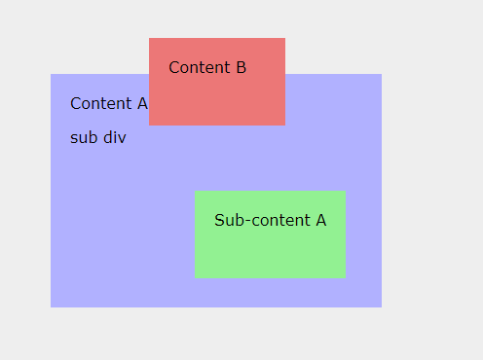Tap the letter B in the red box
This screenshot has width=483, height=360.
point(241,67)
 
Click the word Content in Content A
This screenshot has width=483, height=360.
point(100,103)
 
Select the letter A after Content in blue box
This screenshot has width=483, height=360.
point(142,103)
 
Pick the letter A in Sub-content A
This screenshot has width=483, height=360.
point(320,220)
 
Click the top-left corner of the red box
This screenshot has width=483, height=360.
point(149,38)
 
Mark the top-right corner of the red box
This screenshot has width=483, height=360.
point(284,38)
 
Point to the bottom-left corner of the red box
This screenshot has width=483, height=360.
point(149,125)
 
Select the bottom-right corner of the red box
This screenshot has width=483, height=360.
point(284,125)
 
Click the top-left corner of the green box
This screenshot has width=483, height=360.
point(195,191)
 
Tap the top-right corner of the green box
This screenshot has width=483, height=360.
point(345,191)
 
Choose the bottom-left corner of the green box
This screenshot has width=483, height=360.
point(195,277)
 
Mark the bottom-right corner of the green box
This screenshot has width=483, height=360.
point(345,277)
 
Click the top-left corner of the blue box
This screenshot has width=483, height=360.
point(51,74)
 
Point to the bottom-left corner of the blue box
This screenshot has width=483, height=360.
point(51,306)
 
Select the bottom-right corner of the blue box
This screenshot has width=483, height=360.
point(381,306)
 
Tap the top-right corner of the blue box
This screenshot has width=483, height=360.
point(381,74)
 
